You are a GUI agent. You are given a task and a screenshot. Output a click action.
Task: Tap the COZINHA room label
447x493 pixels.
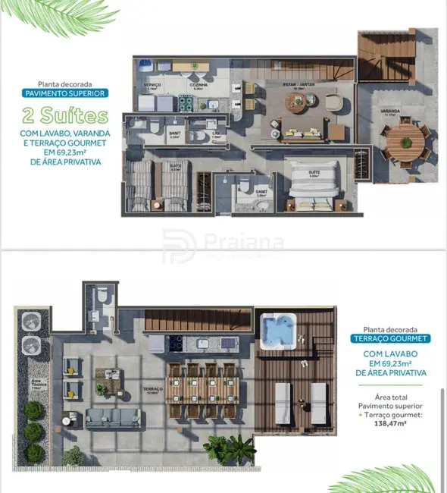pos(200,67)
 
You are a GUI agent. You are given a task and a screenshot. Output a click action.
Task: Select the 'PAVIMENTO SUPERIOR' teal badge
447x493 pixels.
pos(64,93)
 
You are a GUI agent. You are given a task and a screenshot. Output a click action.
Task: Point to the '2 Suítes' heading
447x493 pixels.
pos(64,116)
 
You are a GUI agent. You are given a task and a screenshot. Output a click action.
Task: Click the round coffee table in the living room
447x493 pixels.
pos(332,101)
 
